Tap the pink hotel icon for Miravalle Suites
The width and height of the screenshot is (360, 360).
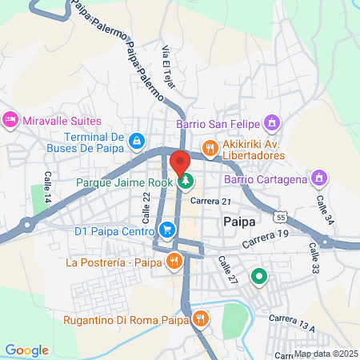point(10,120)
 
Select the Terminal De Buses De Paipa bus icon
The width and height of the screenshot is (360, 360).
point(137,141)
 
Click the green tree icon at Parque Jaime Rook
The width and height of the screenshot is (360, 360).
point(186,181)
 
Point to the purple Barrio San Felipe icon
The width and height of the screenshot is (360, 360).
point(272,123)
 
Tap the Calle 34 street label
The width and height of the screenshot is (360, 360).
point(322,210)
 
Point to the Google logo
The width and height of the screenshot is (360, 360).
point(26,350)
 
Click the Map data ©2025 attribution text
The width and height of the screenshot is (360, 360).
point(325,354)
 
